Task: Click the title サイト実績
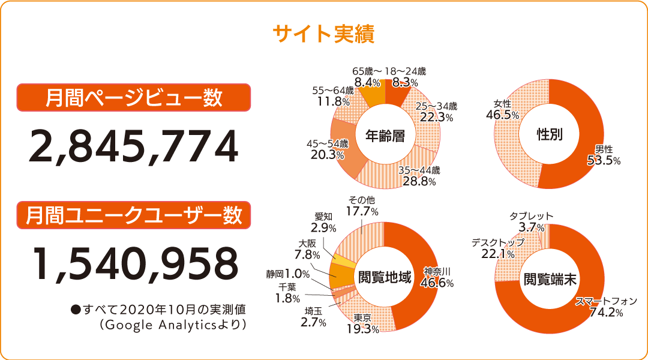pyautogui.click(x=323, y=34)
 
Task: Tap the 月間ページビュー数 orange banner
pyautogui.click(x=133, y=98)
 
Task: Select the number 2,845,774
pyautogui.click(x=133, y=147)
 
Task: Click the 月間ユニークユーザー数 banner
pyautogui.click(x=133, y=214)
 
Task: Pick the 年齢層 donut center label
pyautogui.click(x=385, y=136)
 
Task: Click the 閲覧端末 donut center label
pyautogui.click(x=550, y=278)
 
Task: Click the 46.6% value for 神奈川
pyautogui.click(x=437, y=283)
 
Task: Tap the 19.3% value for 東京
pyautogui.click(x=362, y=329)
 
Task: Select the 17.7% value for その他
pyautogui.click(x=362, y=211)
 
